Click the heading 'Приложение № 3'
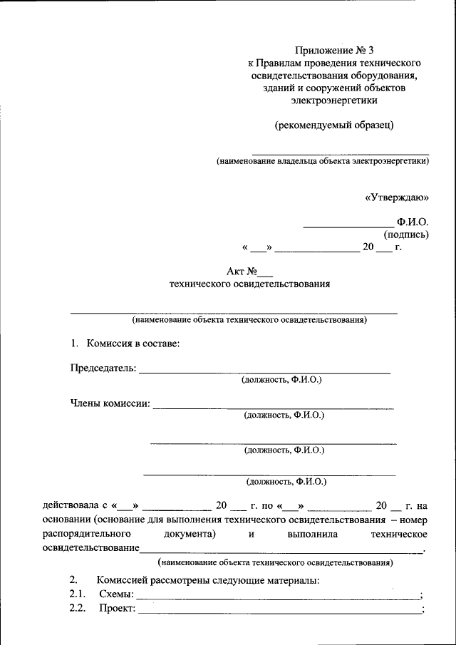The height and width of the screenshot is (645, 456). (334, 51)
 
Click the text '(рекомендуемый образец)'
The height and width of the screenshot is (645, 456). (334, 125)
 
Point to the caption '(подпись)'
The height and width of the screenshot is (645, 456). (406, 234)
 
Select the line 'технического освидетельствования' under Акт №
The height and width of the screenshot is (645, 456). (249, 284)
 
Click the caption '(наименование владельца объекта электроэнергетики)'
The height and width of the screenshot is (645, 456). (323, 161)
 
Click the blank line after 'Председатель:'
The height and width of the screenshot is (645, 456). (264, 372)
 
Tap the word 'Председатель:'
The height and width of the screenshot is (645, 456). (102, 368)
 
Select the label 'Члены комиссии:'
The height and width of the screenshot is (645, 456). (110, 403)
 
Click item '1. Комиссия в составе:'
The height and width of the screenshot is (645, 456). (125, 344)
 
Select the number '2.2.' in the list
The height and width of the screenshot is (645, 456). (77, 608)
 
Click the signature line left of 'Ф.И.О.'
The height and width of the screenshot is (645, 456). (343, 226)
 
